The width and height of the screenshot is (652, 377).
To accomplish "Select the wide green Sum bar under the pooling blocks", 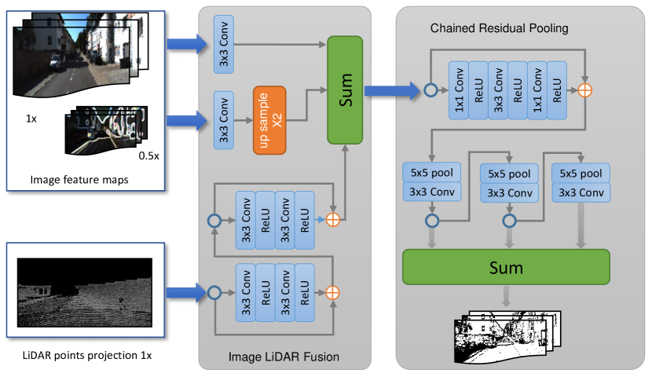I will click(x=506, y=267).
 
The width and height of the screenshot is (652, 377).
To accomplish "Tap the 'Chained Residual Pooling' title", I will click(x=500, y=29).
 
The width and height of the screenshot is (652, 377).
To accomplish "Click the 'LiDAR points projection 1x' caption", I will click(x=88, y=355).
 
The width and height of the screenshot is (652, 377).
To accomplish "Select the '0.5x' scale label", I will click(x=149, y=156).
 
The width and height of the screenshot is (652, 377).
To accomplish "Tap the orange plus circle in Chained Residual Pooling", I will click(x=584, y=90).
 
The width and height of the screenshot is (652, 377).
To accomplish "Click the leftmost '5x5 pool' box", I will click(x=431, y=172).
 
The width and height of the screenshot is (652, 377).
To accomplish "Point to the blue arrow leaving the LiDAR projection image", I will click(x=185, y=293).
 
